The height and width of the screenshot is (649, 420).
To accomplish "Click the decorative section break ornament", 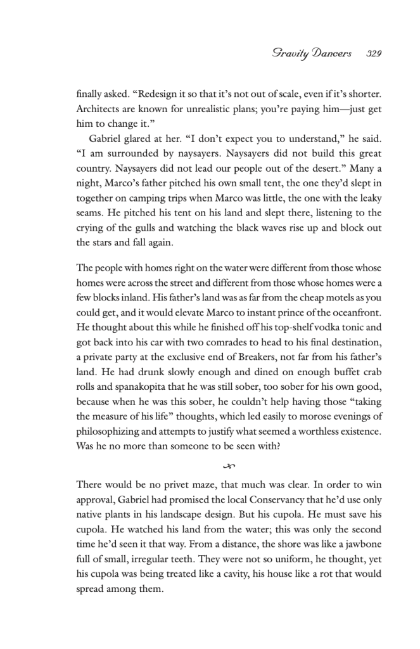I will [229, 467].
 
